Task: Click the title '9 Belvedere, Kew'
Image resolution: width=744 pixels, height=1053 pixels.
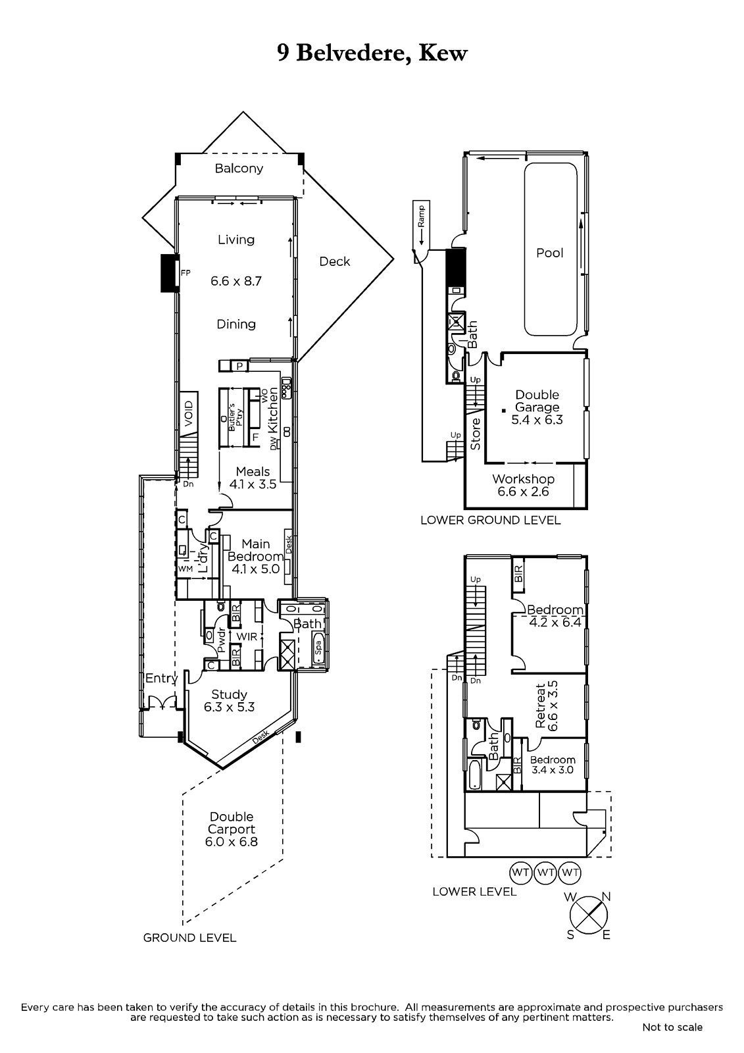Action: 372,53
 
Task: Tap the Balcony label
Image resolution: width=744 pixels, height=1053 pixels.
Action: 239,168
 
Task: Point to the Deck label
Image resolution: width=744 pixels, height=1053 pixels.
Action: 335,261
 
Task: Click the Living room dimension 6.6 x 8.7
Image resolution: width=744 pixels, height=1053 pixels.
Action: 236,281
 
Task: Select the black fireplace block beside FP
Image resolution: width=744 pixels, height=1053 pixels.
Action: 169,273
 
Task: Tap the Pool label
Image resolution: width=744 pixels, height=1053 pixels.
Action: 549,253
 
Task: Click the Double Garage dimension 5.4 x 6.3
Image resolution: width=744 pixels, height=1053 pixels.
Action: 537,420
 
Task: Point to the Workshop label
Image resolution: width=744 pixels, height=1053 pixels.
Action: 523,479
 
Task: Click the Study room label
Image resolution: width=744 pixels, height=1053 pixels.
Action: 229,694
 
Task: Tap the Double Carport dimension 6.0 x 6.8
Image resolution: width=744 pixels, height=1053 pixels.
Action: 232,842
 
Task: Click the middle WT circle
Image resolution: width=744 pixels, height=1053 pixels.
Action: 545,873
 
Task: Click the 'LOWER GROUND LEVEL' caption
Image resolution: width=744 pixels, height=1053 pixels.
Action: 490,521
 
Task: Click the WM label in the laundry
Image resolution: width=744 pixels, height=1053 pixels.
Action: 185,569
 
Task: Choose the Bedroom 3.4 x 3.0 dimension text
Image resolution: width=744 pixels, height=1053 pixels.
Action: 552,771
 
